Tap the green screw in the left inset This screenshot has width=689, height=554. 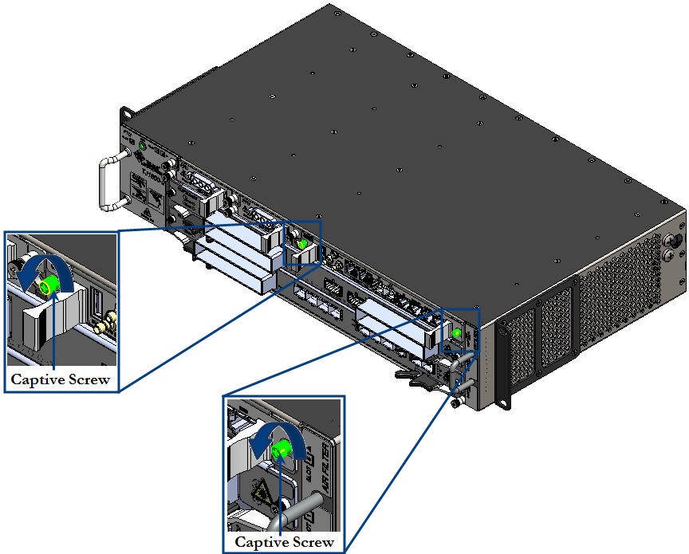[x=51, y=284]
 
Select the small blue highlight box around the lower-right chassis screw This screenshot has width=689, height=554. [x=459, y=330]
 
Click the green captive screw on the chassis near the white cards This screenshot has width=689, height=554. [x=301, y=243]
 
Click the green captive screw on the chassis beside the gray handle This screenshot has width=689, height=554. [x=458, y=332]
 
